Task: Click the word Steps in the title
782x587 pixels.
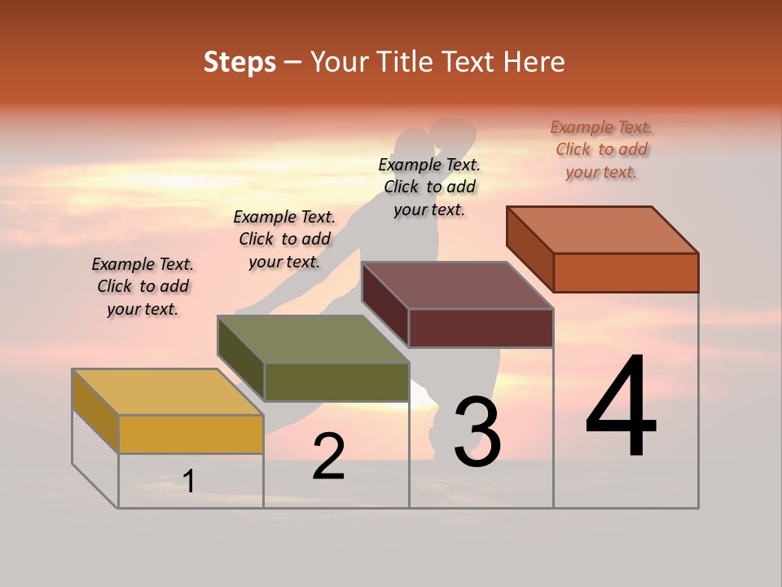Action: coord(239,62)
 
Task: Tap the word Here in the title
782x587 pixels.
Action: coord(534,62)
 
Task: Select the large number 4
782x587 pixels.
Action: coord(621,408)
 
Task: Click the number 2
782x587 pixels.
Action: coord(328,457)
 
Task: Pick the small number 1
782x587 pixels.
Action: coord(189,481)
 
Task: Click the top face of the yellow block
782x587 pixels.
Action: coord(167,391)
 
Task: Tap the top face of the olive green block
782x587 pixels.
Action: coord(313,338)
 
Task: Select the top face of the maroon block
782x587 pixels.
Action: coord(458,285)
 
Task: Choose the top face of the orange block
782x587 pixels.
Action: coord(603,229)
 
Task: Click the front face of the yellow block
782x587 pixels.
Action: coord(191,434)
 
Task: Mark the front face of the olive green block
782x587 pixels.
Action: coord(336,382)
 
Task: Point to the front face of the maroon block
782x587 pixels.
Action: coord(481,328)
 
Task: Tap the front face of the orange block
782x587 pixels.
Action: coord(626,272)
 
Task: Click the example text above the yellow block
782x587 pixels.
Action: coord(143,286)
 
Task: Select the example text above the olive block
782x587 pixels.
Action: coord(284,239)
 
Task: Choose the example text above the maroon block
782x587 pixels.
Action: coord(429,187)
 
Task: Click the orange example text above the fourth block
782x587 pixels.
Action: coord(601,149)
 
